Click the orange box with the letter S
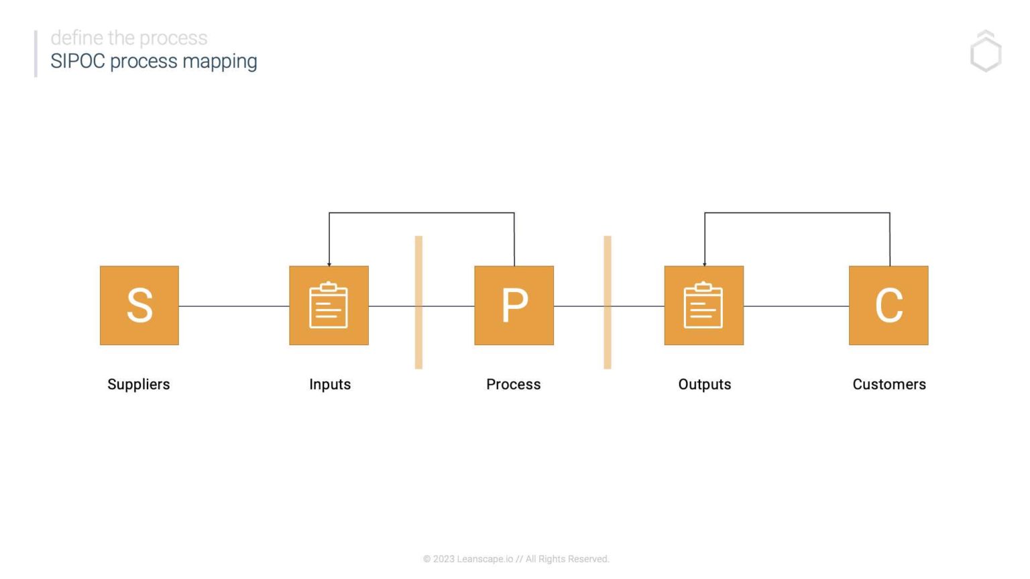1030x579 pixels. coord(139,306)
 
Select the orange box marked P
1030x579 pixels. coord(514,306)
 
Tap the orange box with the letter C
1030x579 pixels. coord(889,306)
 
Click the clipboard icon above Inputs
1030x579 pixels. coord(329,306)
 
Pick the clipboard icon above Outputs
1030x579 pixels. coord(703,306)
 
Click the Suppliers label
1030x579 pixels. coord(139,384)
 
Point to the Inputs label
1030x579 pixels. coord(330,384)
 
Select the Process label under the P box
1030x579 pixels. coord(513,384)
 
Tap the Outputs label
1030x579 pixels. coord(704,384)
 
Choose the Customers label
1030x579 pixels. coord(889,384)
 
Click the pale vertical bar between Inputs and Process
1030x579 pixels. coord(418,302)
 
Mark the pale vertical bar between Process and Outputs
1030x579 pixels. coord(608,302)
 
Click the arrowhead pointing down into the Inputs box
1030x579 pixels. coord(329,263)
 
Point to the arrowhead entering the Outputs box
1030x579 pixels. coord(705,263)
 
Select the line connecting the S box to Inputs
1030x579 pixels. coord(233,306)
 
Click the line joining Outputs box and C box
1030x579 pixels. coord(796,306)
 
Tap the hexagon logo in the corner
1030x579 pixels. coord(986,52)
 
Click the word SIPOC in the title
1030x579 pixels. coord(78,61)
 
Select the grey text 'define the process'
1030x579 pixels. coord(129,38)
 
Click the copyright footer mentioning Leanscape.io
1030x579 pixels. coord(516,559)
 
